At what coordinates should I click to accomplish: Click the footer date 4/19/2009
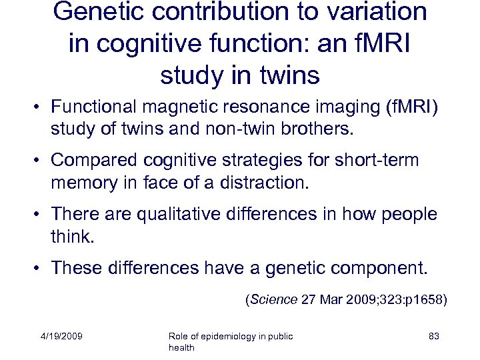tap(61, 337)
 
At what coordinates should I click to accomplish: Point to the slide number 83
tap(433, 337)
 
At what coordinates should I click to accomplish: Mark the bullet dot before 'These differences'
tap(41, 268)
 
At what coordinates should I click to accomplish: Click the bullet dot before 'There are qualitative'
tap(41, 215)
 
